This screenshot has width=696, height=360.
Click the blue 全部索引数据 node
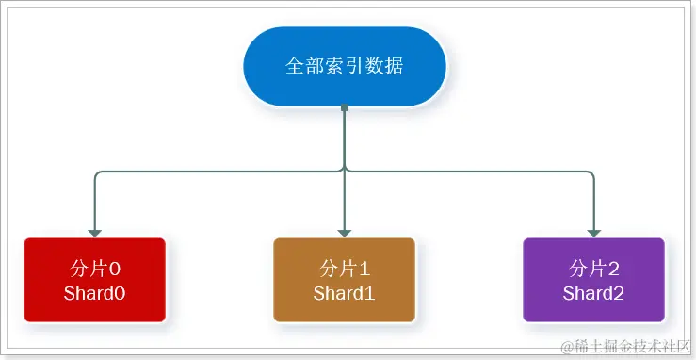pos(345,67)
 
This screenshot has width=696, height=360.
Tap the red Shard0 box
pos(94,281)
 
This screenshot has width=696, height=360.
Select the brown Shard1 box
pos(345,281)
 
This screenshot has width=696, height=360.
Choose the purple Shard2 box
pos(594,281)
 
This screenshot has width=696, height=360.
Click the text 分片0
pos(95,268)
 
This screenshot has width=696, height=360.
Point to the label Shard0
pos(94,293)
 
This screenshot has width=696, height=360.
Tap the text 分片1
pos(345,268)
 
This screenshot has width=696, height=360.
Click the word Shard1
pos(345,293)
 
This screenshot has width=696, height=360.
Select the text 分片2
pos(594,268)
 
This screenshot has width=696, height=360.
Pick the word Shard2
pos(594,293)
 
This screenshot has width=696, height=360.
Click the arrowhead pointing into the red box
pos(94,232)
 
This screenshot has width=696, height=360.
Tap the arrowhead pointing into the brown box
pos(345,232)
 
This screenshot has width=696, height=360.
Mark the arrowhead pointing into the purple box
pos(594,232)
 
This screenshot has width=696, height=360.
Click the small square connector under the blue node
pos(345,109)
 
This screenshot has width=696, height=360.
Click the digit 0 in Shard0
pos(120,293)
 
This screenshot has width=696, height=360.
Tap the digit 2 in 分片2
pos(614,268)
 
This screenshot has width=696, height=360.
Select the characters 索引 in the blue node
pos(345,67)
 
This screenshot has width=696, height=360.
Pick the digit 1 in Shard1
pos(370,293)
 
